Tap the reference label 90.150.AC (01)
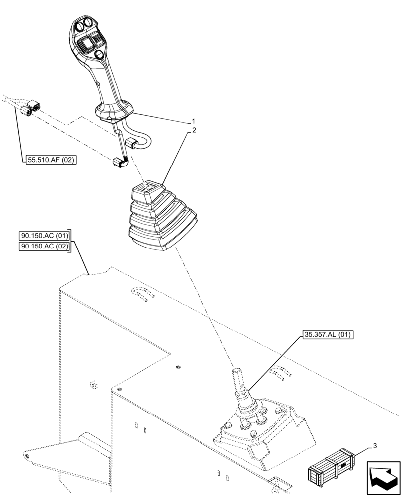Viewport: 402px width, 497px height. [45, 235]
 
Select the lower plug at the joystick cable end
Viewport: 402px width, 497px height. [118, 163]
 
